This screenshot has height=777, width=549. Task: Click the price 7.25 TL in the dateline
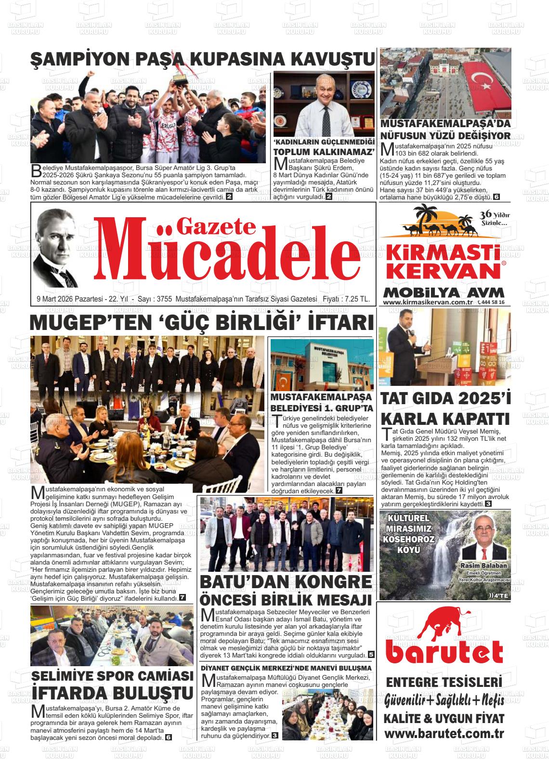(x=354, y=299)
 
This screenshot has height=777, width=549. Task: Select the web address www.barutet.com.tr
(x=444, y=734)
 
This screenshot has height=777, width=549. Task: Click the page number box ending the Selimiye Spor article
(x=168, y=737)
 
